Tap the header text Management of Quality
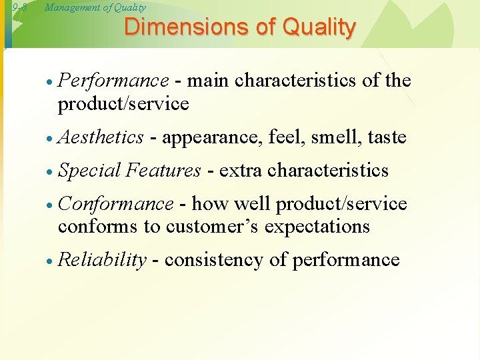click(95, 8)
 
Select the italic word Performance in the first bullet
click(113, 81)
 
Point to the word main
click(209, 81)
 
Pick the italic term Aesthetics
click(101, 137)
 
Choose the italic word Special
click(89, 171)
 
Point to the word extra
click(241, 171)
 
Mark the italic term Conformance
click(116, 204)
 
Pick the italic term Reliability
click(102, 260)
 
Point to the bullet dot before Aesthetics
click(50, 139)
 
